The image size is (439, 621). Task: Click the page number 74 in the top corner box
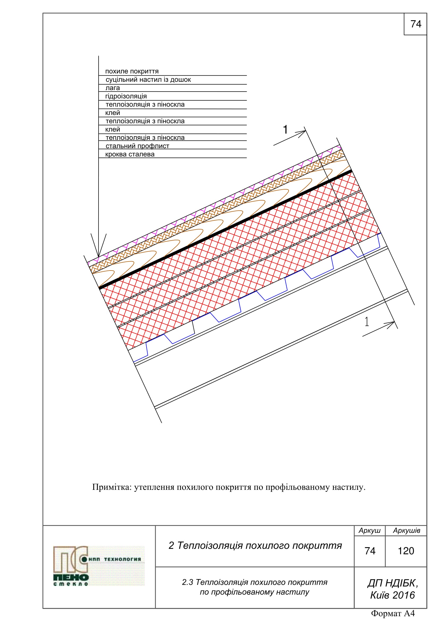point(415,24)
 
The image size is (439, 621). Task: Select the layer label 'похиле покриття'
point(132,71)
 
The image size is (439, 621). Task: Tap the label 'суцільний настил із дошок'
point(148,80)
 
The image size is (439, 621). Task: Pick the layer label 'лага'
point(113,88)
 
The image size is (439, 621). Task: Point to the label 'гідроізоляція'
point(126,96)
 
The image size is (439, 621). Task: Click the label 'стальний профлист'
point(137,146)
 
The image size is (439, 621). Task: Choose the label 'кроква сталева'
point(130,155)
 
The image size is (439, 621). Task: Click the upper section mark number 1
point(285,130)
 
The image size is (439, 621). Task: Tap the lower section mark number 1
point(367,322)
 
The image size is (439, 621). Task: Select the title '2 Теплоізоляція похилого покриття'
point(255,546)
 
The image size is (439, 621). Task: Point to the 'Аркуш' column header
point(369,531)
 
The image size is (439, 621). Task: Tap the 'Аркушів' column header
point(406,531)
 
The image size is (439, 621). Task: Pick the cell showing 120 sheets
point(406,551)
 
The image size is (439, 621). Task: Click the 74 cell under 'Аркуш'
point(370,551)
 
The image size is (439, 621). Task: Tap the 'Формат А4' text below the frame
point(393,613)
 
